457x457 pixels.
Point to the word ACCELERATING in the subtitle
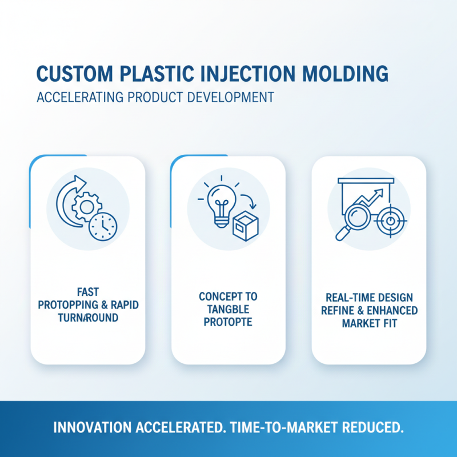point(79,97)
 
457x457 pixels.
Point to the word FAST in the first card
point(87,292)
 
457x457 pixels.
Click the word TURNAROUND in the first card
point(88,318)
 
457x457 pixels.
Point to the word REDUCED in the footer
point(372,427)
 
